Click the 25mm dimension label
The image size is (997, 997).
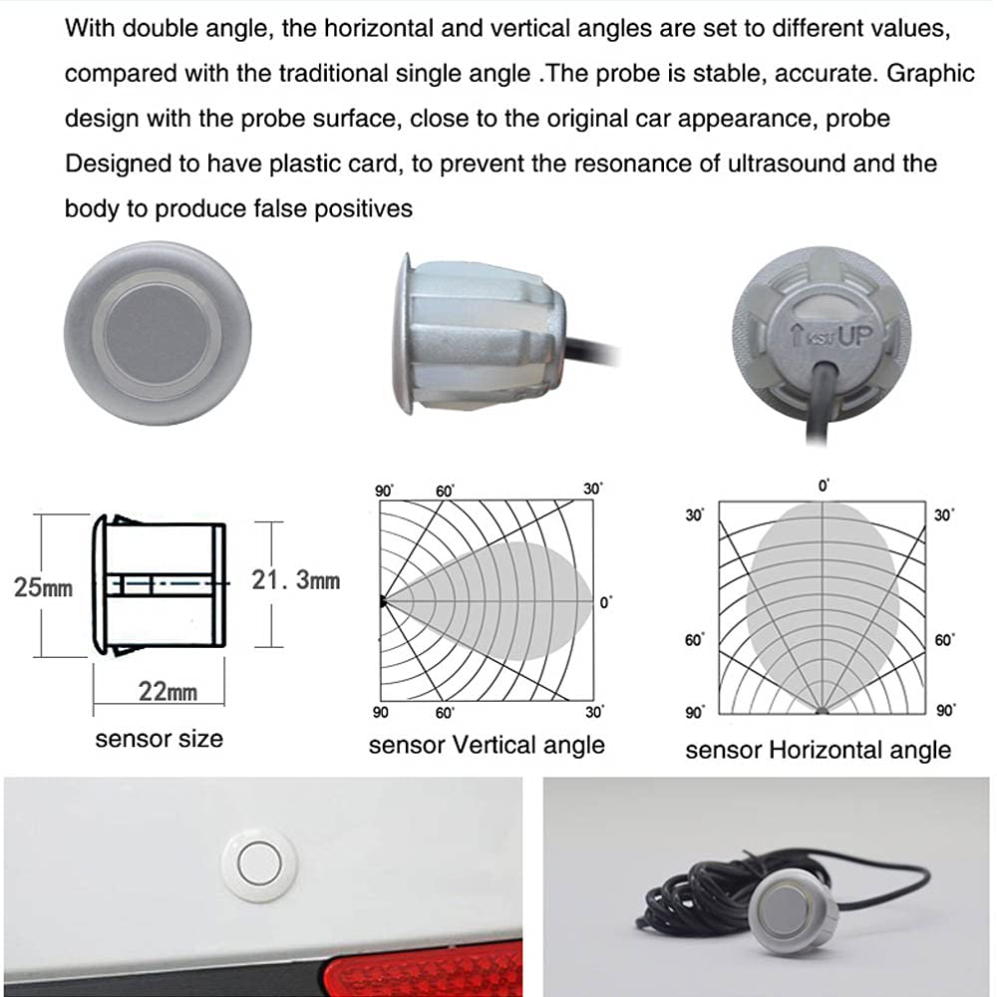(43, 587)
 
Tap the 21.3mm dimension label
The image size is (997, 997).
(296, 580)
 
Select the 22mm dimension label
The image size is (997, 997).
(167, 691)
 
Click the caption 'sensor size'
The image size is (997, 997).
(159, 739)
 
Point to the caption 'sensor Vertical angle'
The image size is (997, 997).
(487, 745)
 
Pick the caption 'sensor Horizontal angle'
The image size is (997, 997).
(818, 751)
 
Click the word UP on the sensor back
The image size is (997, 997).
(854, 335)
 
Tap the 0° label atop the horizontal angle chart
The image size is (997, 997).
(824, 486)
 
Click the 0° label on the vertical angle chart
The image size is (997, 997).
(606, 602)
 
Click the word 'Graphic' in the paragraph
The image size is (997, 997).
(930, 74)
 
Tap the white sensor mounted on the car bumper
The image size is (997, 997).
(259, 862)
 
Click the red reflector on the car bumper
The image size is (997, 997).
(424, 971)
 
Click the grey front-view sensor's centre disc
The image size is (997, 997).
(158, 333)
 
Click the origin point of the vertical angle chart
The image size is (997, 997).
(383, 601)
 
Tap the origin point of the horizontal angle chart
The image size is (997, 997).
(823, 710)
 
